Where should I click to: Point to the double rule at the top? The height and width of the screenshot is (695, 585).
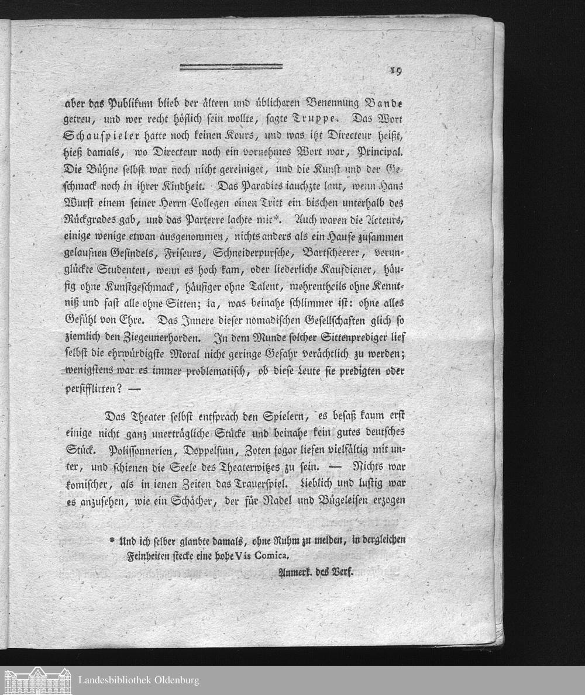click(x=231, y=67)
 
